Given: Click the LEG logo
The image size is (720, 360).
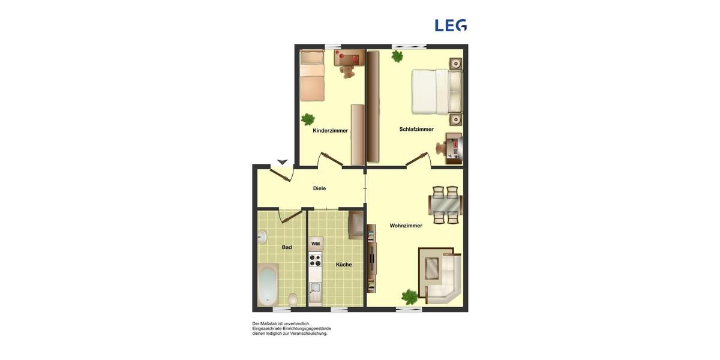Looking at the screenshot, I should (451, 25).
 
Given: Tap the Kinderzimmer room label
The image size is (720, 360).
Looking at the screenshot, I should (330, 131).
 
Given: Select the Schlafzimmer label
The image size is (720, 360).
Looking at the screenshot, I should (416, 130).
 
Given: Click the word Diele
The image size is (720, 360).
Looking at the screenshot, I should (319, 188).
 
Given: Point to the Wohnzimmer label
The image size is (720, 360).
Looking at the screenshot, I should (406, 226).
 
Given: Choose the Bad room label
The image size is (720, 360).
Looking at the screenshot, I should (287, 247).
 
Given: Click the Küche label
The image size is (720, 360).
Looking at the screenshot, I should (344, 265).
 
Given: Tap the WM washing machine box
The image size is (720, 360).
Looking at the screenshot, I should (316, 244).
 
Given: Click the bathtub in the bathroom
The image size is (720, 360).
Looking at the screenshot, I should (268, 285).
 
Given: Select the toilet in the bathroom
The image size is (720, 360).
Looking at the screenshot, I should (293, 298).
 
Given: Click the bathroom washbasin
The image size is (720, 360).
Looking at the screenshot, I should (262, 237).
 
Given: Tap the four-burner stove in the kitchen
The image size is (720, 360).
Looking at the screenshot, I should (316, 260).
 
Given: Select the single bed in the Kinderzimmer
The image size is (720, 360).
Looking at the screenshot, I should (312, 76).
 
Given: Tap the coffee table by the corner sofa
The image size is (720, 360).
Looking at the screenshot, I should (431, 268).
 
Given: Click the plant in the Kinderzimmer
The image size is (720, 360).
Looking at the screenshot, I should (308, 119).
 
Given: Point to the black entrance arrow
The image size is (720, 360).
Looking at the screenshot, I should (282, 162).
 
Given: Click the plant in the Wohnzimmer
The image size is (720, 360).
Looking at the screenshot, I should (410, 296).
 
